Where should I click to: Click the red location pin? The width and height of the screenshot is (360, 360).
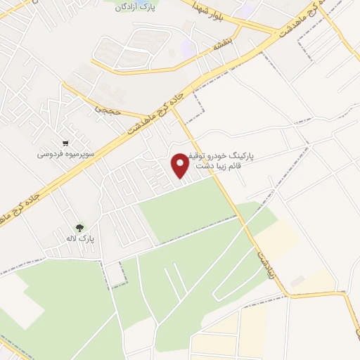pos(181,165)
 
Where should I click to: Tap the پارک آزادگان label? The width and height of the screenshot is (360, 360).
pos(137,6)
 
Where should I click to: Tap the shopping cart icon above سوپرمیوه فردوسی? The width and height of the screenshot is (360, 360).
pos(65,141)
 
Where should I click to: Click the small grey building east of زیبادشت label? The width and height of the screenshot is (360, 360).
pos(298,281)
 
